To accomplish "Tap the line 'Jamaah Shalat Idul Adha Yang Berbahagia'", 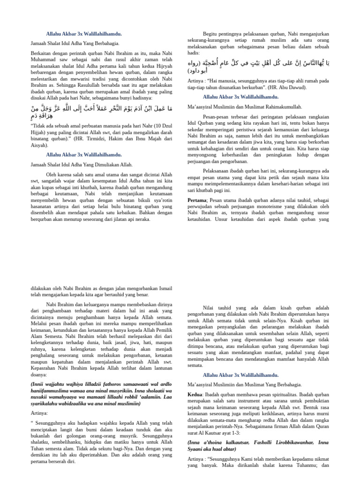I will coord(75,43).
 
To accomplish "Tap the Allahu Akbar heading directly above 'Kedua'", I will coord(241,375).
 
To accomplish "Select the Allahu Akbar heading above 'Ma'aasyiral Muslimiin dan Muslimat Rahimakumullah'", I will coord(241,97).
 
